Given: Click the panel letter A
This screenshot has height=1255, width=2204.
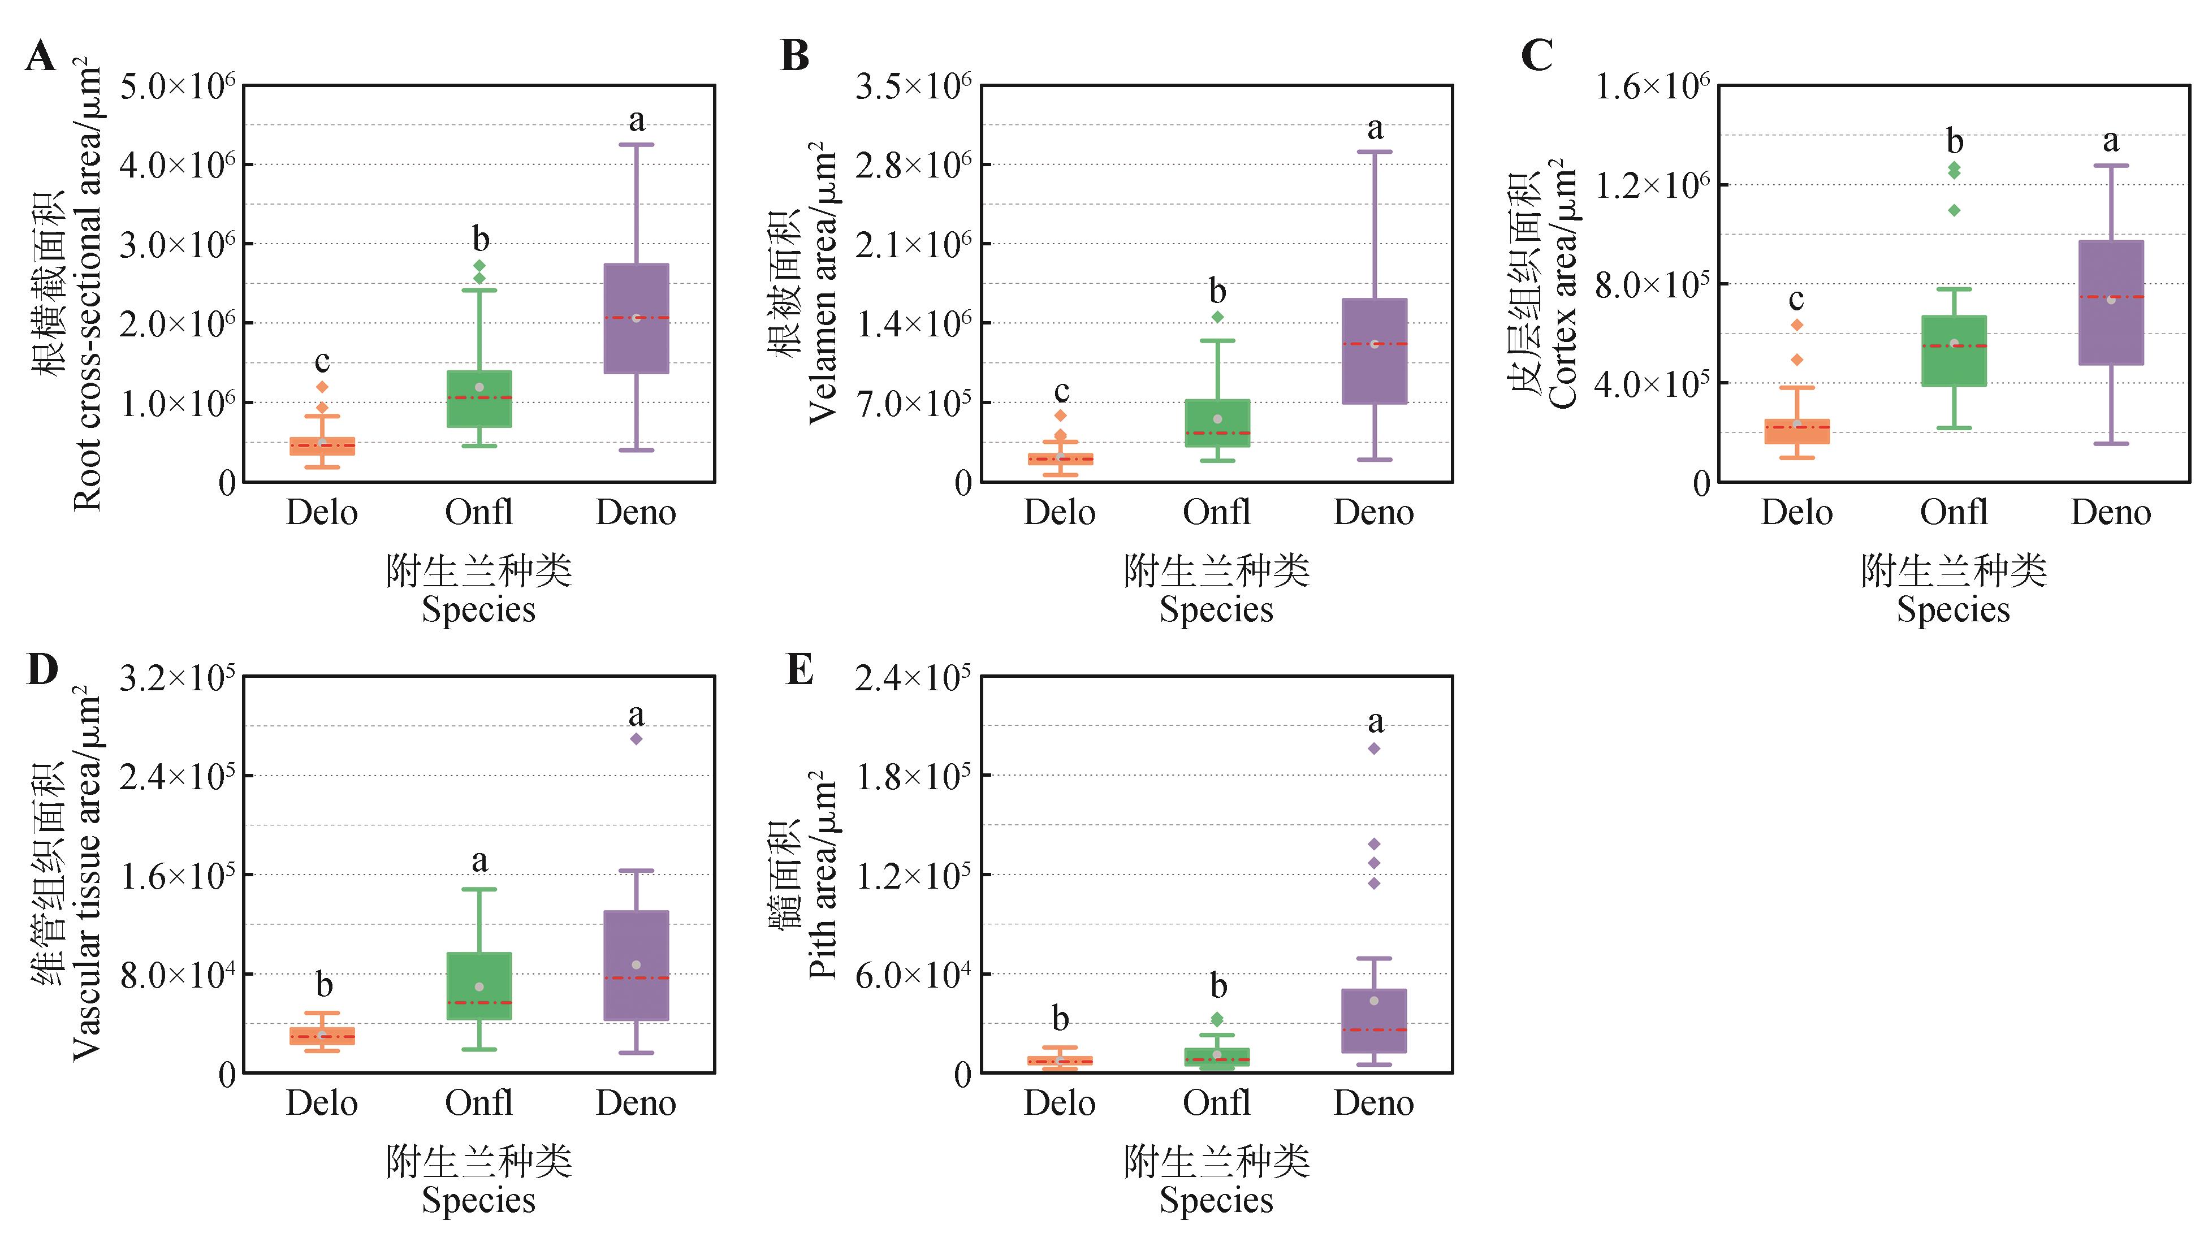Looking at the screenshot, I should [x=41, y=57].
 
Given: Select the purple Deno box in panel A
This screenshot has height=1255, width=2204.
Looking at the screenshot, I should [x=636, y=319].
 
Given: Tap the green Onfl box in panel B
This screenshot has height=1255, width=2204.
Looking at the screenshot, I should [x=1217, y=423].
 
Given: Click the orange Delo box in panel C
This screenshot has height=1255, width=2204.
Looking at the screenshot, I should [x=1797, y=432].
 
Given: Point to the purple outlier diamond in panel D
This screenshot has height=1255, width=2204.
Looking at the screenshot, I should [x=636, y=739].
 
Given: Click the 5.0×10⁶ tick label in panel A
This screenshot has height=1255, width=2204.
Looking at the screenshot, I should [x=177, y=87].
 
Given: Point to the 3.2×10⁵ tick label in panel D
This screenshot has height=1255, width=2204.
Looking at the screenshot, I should [x=177, y=679].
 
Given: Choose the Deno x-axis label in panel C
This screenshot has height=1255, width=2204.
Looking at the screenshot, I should [x=2111, y=513].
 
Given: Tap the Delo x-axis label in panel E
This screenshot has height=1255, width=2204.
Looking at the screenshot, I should [x=1060, y=1103].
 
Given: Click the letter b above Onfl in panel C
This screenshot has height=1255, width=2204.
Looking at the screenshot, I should [x=1955, y=141].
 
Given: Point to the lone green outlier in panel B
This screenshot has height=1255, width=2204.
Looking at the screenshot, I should [x=1217, y=317].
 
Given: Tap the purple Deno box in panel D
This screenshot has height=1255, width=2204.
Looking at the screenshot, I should [x=636, y=966].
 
